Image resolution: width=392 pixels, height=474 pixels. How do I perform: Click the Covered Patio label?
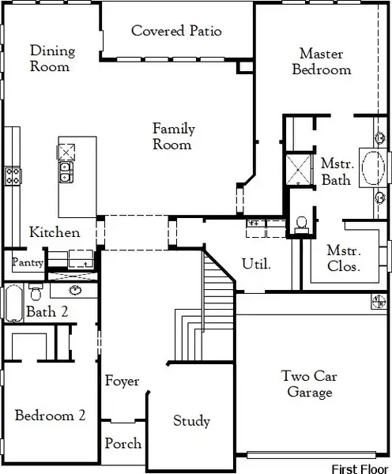tap(176, 32)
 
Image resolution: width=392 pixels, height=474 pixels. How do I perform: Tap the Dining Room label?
tap(52, 59)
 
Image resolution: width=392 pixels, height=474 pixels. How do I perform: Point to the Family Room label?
tap(173, 137)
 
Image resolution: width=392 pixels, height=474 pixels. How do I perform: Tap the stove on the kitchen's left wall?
tap(13, 175)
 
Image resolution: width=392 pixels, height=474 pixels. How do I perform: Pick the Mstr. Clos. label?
tap(344, 259)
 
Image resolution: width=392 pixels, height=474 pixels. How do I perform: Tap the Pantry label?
tap(27, 261)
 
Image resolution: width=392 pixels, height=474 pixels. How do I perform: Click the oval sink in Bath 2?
tap(76, 290)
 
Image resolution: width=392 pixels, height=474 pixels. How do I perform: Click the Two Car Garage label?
tap(309, 384)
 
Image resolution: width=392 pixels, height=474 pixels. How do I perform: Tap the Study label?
tap(191, 421)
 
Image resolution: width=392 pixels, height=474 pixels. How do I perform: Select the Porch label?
tap(123, 443)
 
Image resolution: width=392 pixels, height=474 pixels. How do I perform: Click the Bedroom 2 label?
tap(50, 415)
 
